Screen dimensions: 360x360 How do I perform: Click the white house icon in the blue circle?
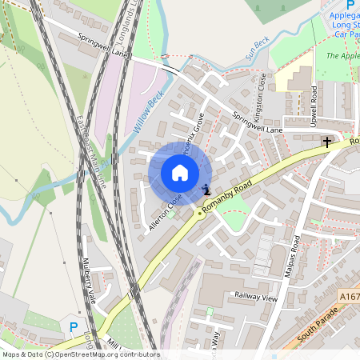(180, 173)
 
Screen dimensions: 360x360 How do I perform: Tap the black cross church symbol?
(326, 142)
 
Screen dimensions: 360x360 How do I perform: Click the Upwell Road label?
(314, 102)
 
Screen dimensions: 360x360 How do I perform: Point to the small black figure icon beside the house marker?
(206, 190)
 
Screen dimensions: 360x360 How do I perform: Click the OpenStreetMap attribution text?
(80, 354)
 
